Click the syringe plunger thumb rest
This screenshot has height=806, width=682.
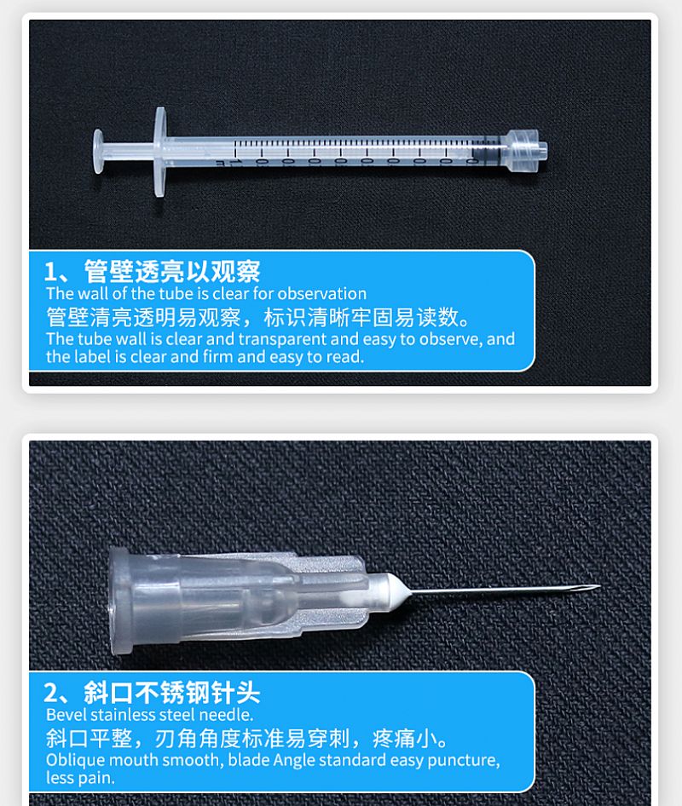(x=98, y=151)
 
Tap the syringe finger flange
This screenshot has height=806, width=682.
(x=160, y=152)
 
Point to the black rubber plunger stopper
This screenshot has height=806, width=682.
(x=484, y=151)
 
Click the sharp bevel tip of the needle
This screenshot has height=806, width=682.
(x=599, y=586)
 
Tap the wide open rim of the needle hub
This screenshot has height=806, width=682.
(x=120, y=601)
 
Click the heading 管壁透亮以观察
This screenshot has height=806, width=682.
(x=172, y=271)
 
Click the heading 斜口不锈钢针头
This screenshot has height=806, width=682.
(x=172, y=692)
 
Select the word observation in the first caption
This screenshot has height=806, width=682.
(x=322, y=293)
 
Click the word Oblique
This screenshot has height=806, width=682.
(x=75, y=760)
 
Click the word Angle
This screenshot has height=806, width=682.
(x=293, y=760)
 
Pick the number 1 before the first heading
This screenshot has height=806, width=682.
(x=49, y=272)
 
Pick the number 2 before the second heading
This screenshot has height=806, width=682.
(x=50, y=693)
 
